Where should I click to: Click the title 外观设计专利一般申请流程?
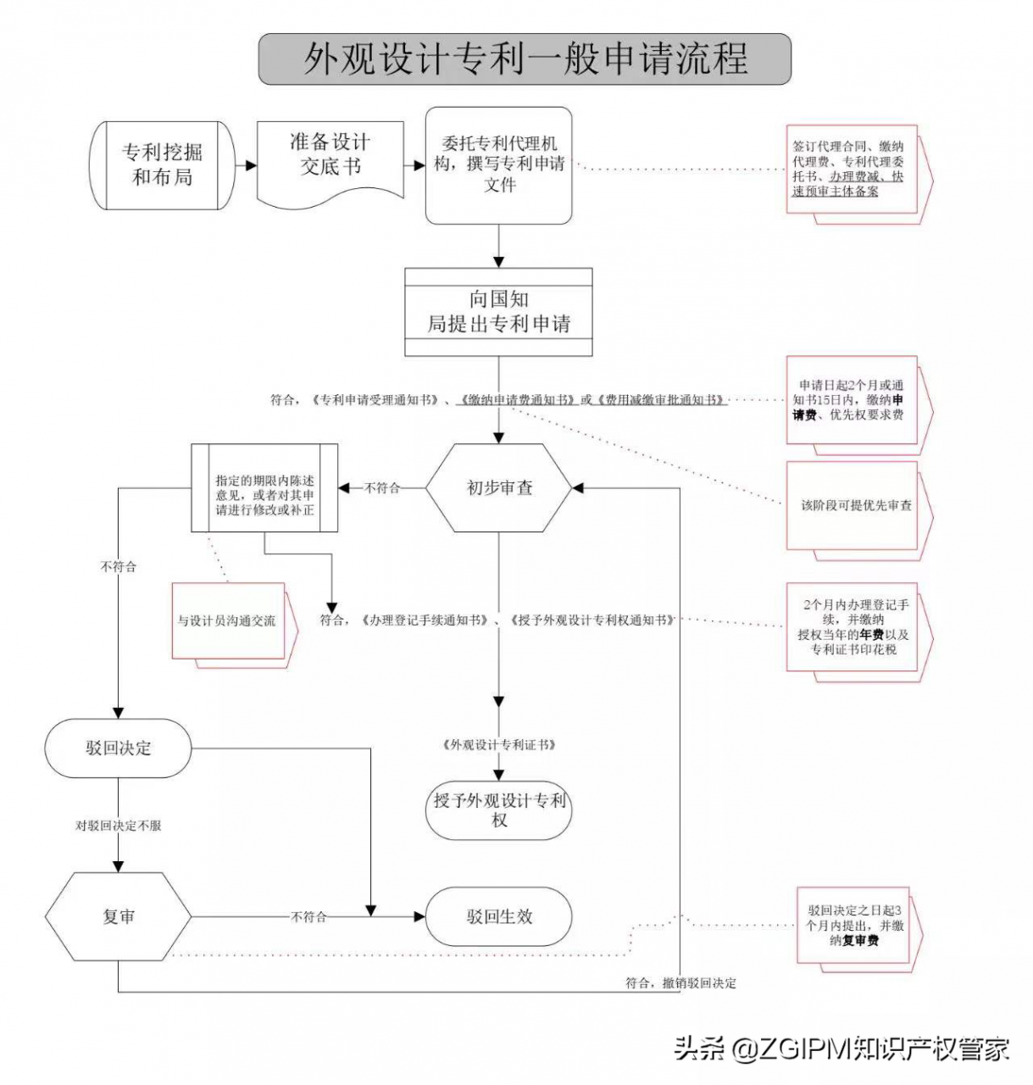525,59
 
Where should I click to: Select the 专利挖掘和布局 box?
161,165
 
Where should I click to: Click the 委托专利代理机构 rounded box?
498,165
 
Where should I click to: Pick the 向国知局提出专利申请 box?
498,312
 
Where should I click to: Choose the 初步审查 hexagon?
498,487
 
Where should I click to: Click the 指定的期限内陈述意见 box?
264,488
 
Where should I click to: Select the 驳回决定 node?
118,748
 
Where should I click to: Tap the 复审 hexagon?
118,916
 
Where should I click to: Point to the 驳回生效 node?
498,916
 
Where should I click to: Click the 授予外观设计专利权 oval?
498,810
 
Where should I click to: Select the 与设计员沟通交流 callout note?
227,620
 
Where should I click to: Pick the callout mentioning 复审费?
854,926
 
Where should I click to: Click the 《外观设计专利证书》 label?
498,745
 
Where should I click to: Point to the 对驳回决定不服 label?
118,825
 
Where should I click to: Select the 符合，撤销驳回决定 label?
680,983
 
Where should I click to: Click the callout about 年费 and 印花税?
854,627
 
